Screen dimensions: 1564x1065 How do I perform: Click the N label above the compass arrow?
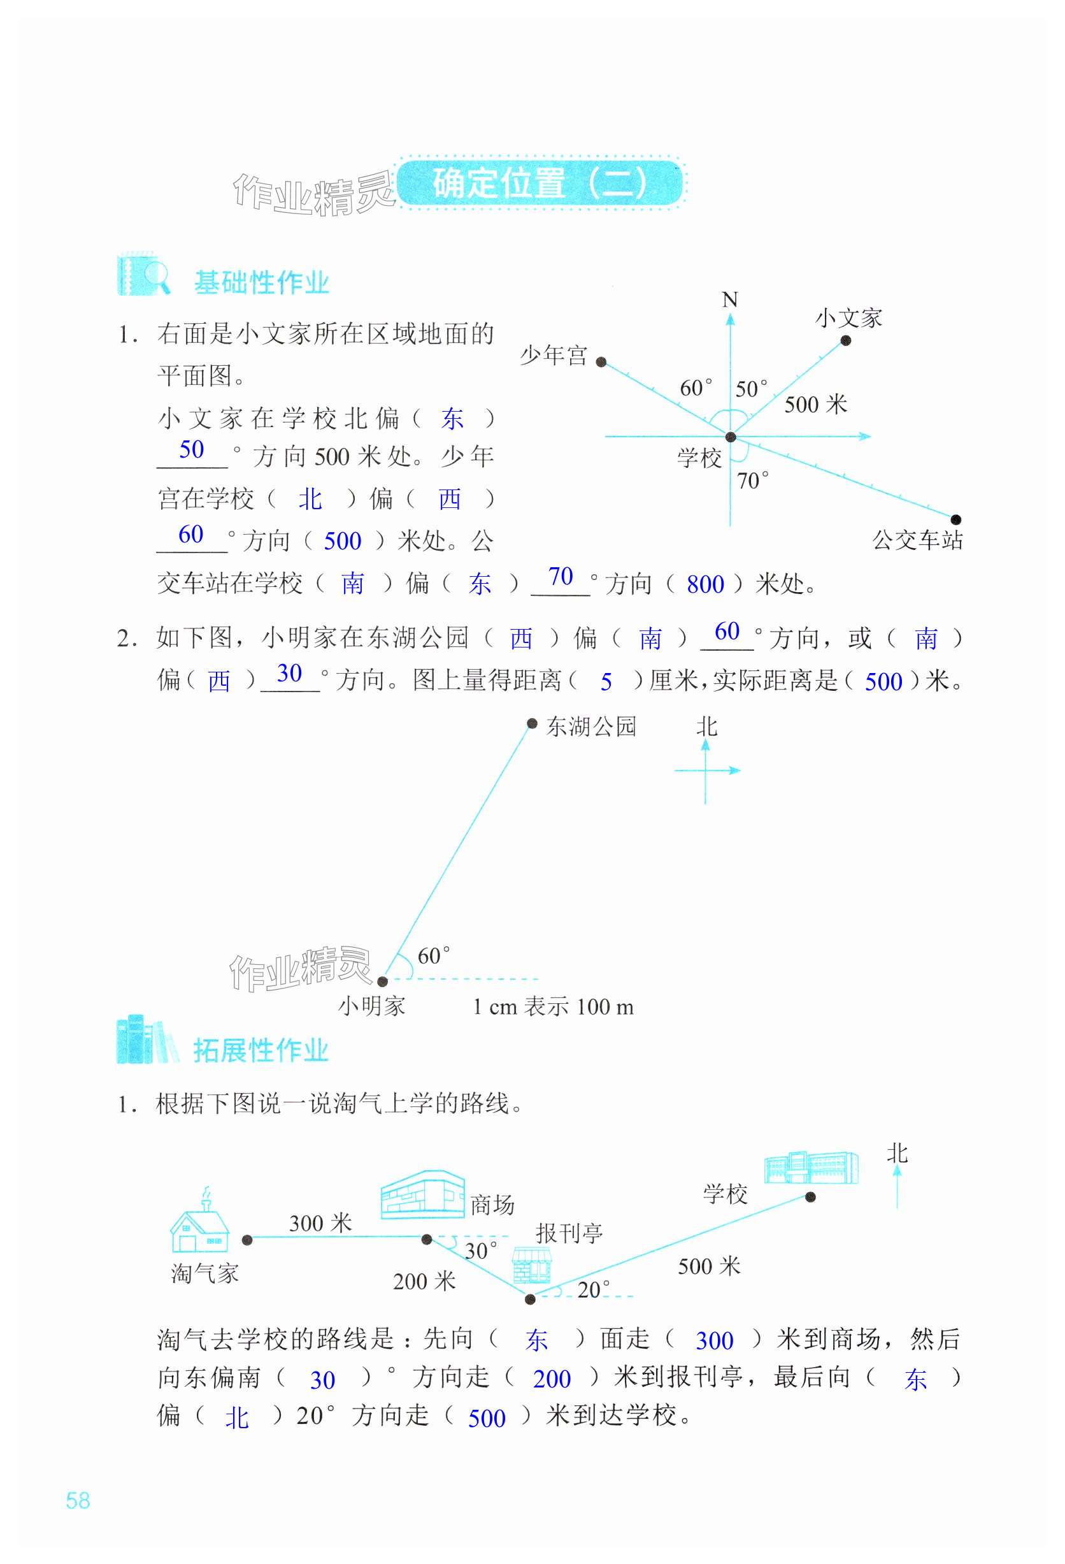coord(729,300)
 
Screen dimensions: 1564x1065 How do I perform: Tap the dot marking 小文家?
coord(846,340)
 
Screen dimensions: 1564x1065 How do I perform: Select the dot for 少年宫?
coord(601,362)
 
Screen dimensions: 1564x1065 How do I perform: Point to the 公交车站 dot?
coord(955,519)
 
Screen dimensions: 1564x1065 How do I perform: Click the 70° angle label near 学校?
coord(752,481)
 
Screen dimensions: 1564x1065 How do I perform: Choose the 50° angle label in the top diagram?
coord(750,388)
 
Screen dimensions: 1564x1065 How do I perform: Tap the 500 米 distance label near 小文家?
coord(815,405)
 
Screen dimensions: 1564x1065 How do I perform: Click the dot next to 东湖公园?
coord(531,723)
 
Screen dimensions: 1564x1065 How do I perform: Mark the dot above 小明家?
coord(382,981)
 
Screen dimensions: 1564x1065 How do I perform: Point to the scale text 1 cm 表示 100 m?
coord(553,1007)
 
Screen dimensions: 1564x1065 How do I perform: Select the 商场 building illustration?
coord(422,1195)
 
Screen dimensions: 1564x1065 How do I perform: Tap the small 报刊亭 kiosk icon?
coord(531,1264)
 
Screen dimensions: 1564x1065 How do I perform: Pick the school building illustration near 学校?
coord(811,1168)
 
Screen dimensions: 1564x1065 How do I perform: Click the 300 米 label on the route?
coord(320,1223)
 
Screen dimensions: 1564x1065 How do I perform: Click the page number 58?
coord(78,1500)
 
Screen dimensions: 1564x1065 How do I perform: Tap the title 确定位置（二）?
coord(539,182)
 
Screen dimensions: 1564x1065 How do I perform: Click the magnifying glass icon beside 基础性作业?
coord(156,276)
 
